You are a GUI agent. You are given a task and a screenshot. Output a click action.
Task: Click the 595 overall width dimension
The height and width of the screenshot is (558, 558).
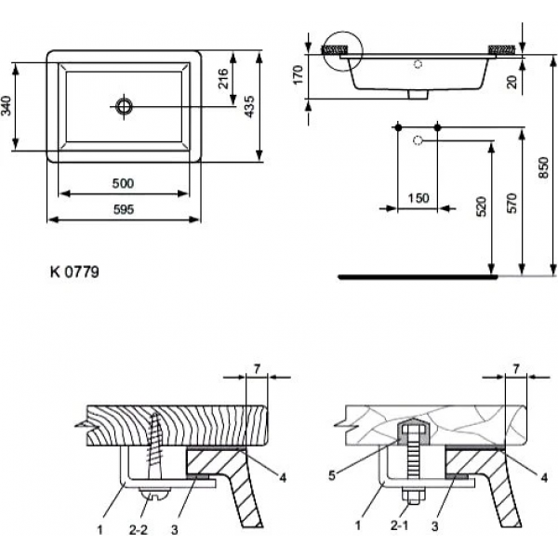coord(123,210)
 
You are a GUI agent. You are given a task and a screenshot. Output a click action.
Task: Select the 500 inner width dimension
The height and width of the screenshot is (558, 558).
coord(123,182)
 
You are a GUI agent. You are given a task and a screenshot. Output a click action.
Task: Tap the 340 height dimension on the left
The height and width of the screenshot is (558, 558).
coord(8,105)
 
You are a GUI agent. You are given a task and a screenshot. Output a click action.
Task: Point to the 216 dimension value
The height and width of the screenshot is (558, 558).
coord(224,78)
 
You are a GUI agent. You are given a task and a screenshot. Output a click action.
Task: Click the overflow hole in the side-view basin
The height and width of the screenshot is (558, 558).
coord(418,64)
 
